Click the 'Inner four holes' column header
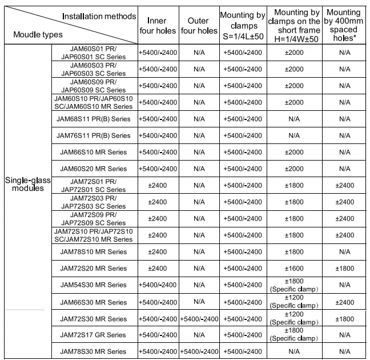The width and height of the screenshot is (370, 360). click(x=158, y=26)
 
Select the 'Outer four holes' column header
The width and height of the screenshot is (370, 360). click(x=199, y=26)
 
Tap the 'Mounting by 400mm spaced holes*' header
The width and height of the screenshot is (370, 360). click(x=344, y=25)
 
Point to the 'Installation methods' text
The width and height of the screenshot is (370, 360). click(x=99, y=16)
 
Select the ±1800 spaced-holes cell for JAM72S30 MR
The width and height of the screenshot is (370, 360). click(x=344, y=318)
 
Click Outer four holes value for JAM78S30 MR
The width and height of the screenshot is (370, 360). click(x=199, y=351)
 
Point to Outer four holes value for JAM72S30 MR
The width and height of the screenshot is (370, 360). click(x=199, y=318)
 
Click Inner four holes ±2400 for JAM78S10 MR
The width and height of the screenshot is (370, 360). click(x=158, y=251)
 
